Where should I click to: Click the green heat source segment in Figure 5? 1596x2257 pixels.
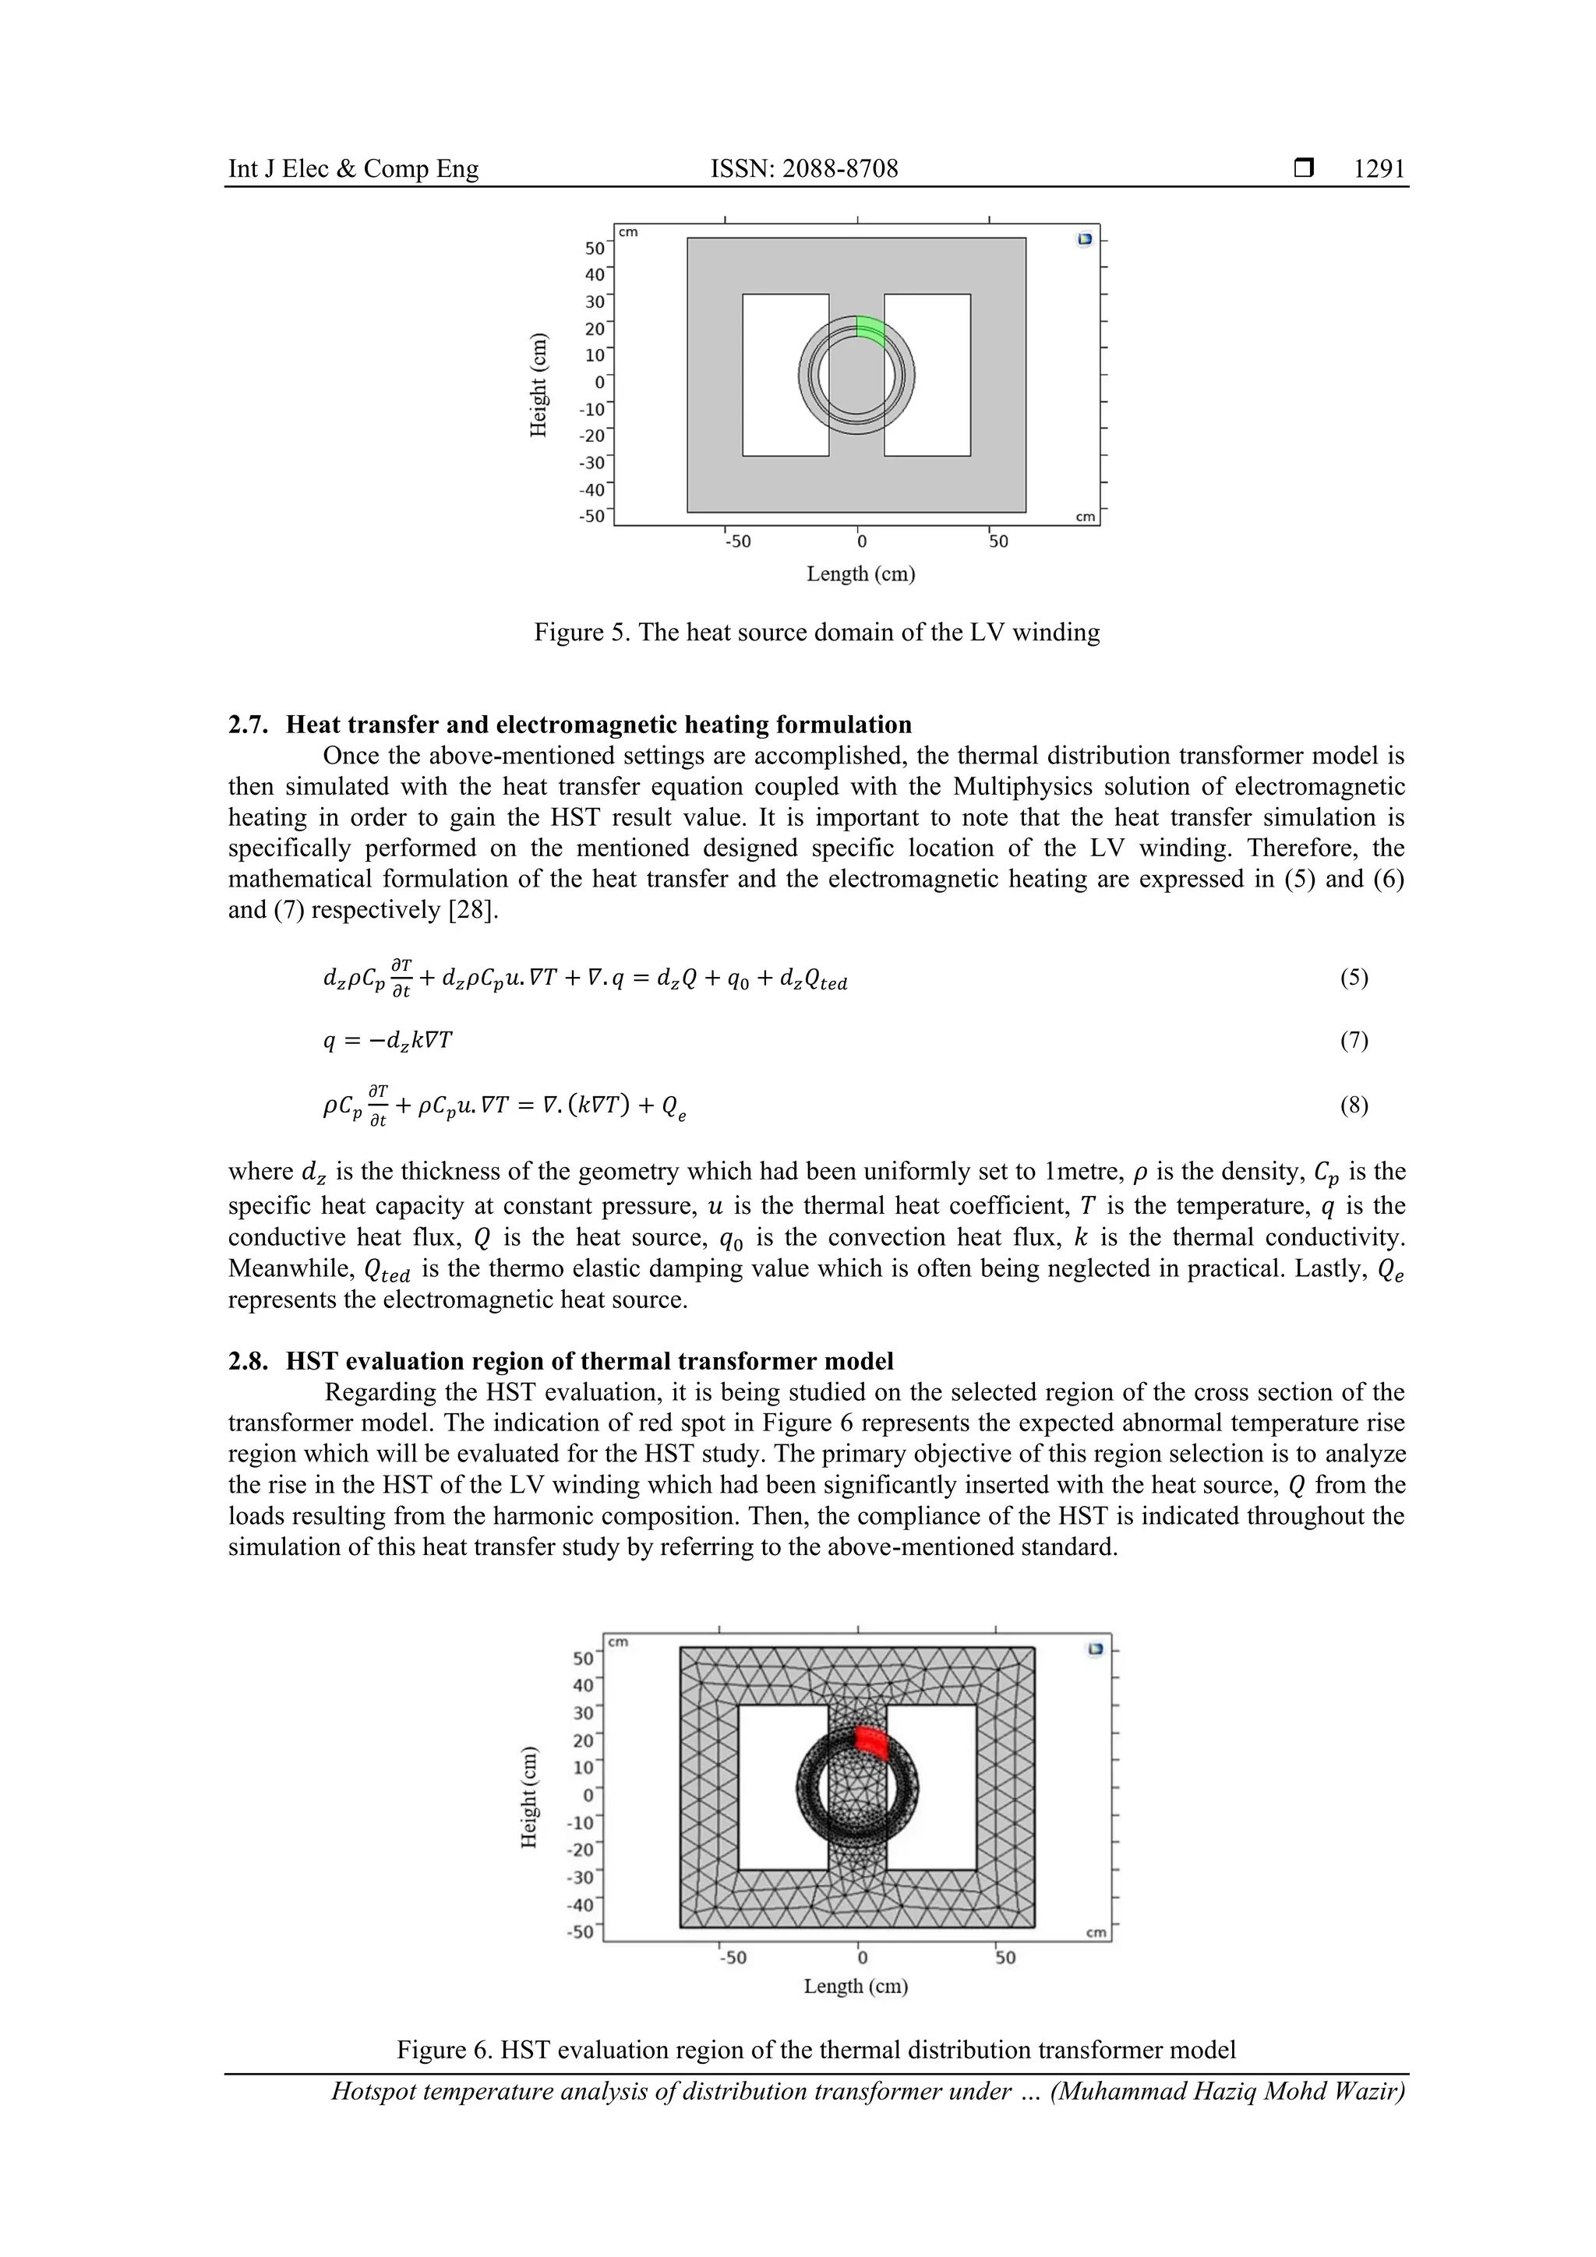(x=870, y=330)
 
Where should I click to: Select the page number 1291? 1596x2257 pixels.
(x=1379, y=169)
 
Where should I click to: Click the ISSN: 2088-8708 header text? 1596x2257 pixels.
(x=804, y=169)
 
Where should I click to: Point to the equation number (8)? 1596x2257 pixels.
(x=1354, y=1105)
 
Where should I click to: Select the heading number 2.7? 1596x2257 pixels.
(x=249, y=725)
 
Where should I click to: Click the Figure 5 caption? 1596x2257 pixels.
(x=816, y=632)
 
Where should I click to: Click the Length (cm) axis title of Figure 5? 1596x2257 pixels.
(x=860, y=573)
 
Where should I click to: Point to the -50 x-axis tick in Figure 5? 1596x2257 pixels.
(x=737, y=541)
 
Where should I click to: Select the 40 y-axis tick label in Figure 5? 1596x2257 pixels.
(x=595, y=275)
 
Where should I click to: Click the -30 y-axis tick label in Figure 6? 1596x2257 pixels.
(x=581, y=1877)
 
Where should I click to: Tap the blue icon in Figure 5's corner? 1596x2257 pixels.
(x=1085, y=239)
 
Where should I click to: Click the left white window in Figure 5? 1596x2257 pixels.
(x=785, y=375)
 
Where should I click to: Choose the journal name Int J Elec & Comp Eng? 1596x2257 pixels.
(x=353, y=169)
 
